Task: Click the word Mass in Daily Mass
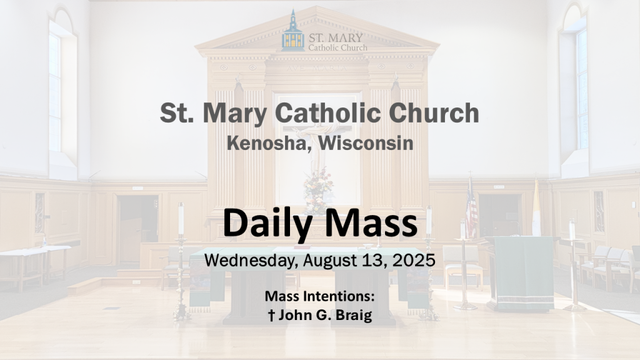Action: click(371, 223)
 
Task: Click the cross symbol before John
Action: click(271, 315)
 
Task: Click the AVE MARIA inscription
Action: click(317, 68)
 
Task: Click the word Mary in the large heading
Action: click(234, 114)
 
